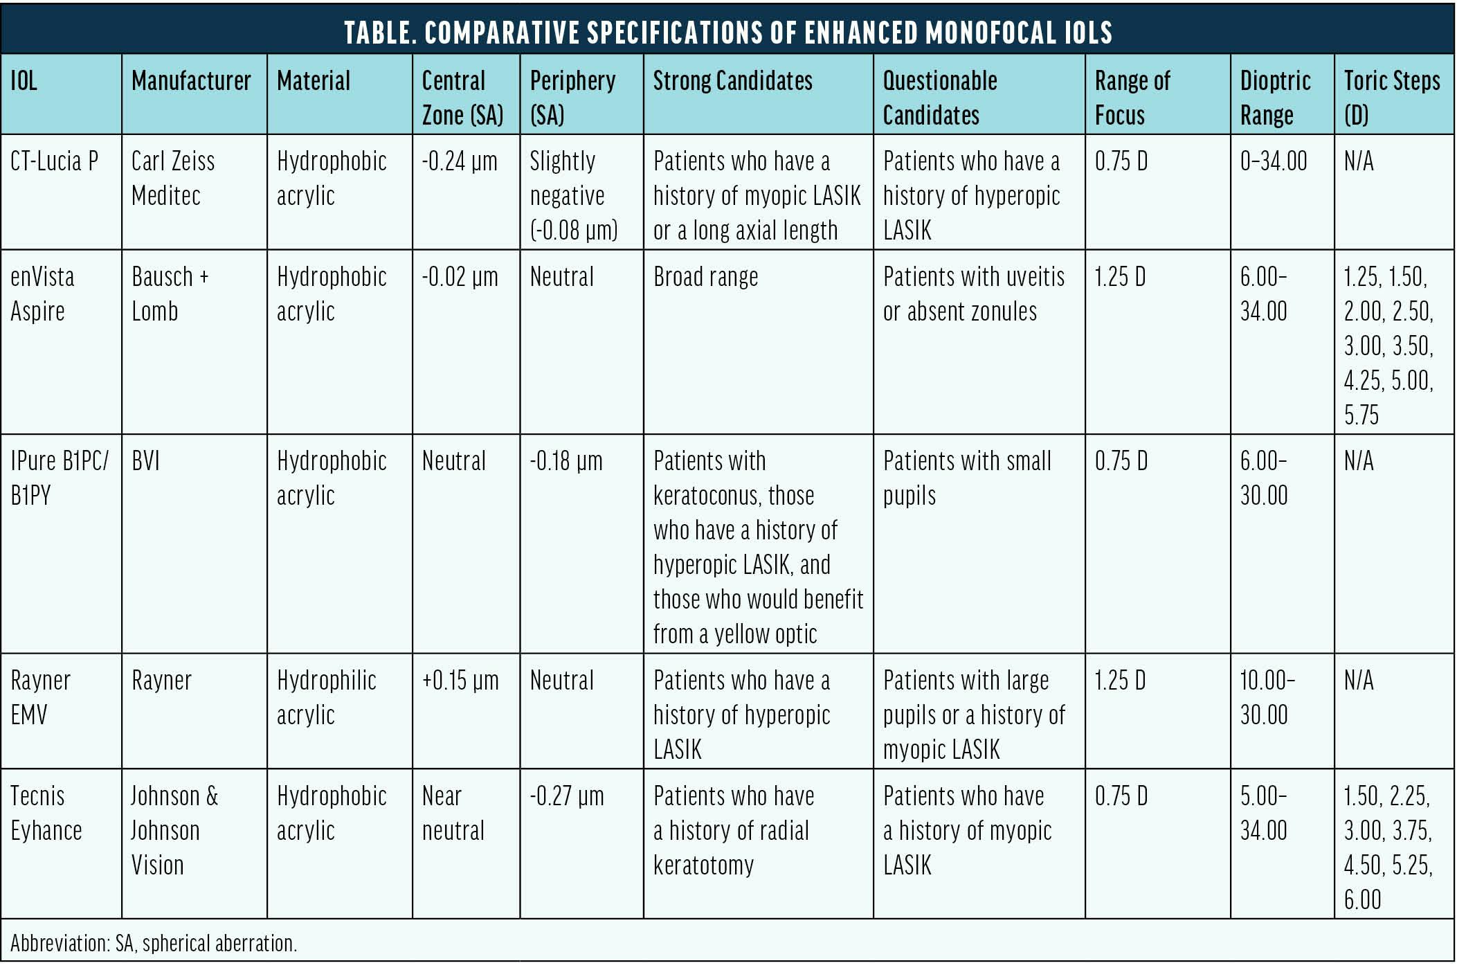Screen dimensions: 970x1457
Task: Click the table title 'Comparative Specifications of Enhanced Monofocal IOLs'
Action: pos(727,32)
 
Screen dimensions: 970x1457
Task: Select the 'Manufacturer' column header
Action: pos(191,81)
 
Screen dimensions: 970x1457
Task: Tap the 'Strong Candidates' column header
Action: pos(732,81)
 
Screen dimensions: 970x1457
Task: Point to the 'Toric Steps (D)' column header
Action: pos(1391,98)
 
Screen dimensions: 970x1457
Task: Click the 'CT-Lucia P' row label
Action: pos(54,161)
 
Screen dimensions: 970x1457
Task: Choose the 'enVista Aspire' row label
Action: pos(42,294)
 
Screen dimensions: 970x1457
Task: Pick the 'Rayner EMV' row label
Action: pos(40,697)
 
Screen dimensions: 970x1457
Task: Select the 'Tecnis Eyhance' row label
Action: pos(46,813)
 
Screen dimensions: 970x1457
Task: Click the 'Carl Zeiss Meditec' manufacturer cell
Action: pos(173,178)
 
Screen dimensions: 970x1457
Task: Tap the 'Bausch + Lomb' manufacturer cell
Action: pos(170,294)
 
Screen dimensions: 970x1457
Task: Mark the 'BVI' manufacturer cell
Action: pos(145,461)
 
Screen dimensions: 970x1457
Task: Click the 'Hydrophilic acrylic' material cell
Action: pos(326,697)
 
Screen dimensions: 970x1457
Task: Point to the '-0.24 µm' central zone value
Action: pos(460,161)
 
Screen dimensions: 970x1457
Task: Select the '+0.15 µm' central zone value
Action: pos(460,681)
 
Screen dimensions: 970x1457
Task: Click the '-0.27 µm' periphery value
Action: pos(566,796)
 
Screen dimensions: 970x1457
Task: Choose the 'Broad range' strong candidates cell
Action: pos(705,277)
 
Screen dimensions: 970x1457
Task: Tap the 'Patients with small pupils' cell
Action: pos(966,478)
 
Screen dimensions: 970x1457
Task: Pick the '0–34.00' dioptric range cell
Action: pos(1274,161)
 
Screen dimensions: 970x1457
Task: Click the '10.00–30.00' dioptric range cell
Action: pos(1267,697)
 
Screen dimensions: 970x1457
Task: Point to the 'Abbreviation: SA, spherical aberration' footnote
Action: pos(154,943)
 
